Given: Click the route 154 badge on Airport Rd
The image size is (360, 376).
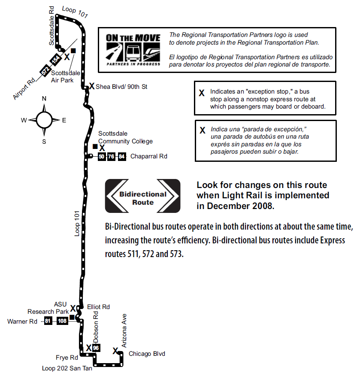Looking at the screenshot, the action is (x=55, y=60).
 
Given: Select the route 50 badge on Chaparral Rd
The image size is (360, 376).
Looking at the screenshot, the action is (x=102, y=157).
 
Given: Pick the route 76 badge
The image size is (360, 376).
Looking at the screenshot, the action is (x=111, y=157).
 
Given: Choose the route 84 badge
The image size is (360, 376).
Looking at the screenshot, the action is (x=122, y=157).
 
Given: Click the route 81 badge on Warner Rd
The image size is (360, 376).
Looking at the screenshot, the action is (x=48, y=321).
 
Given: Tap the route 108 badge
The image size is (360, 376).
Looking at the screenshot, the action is (x=62, y=321).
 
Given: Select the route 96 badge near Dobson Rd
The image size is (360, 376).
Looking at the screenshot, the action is (x=96, y=348).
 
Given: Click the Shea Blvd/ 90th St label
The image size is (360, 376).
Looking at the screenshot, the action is (x=121, y=87).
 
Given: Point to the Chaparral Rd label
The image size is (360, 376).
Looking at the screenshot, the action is (x=148, y=156).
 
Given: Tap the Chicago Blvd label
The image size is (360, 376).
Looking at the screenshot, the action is (x=147, y=354).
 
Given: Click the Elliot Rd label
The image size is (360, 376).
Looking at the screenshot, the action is (x=98, y=307).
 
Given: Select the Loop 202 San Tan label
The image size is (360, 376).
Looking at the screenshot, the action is (x=67, y=368).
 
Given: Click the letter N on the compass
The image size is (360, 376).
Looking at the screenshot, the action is (x=44, y=99).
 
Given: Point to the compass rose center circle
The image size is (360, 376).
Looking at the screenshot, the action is (x=44, y=120).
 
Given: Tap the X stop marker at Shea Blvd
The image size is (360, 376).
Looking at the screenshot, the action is (x=92, y=86).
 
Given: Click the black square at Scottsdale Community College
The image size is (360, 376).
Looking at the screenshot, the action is (x=95, y=146).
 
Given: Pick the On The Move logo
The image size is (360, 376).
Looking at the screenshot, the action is (x=133, y=50).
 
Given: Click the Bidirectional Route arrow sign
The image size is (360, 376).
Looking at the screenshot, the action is (x=142, y=196).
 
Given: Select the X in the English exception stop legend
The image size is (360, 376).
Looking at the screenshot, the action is (x=202, y=93).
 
